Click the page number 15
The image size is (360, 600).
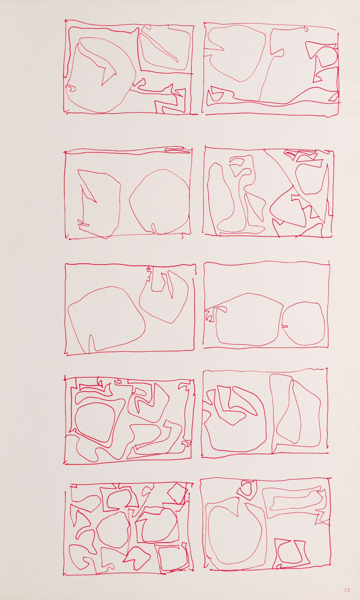347,590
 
